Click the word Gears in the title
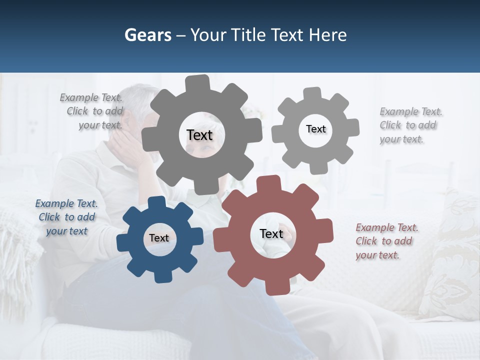coord(147,35)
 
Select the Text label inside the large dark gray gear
coord(199,135)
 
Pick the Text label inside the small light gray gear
coord(315,129)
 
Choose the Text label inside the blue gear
coord(159,238)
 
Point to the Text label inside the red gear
coord(271,234)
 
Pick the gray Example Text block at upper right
coord(410,125)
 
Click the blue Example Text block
coord(66,217)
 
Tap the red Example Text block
coord(386,241)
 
